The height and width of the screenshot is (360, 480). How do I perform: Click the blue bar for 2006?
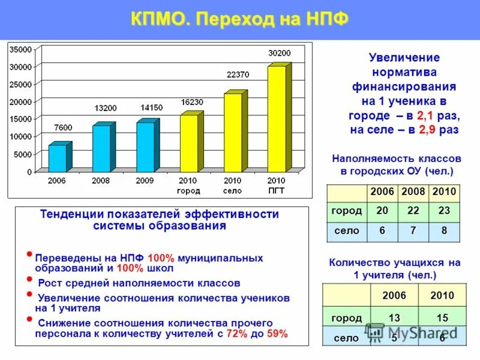point(58,158)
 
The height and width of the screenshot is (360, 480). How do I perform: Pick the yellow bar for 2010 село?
point(232,132)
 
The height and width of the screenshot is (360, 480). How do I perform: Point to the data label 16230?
point(191,102)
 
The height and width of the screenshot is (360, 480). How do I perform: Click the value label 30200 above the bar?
point(279,53)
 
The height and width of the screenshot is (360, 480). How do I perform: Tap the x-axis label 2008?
point(100,180)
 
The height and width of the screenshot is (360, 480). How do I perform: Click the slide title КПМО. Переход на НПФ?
point(239,19)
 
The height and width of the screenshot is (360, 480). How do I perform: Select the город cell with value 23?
point(444,211)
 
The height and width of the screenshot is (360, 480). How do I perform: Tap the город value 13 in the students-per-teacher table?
point(394,317)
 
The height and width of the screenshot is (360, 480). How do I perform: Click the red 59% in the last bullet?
point(277,334)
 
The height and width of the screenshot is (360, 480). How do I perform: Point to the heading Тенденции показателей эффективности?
point(160,215)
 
